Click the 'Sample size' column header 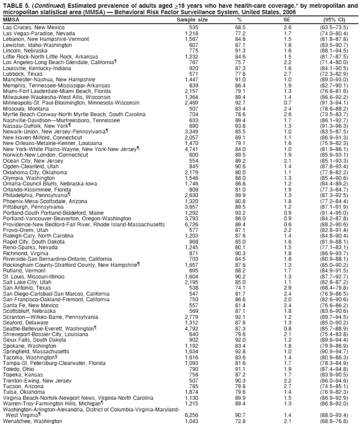point(192,20)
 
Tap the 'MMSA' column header point(11,20)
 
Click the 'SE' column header point(287,20)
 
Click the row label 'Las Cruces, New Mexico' point(33,27)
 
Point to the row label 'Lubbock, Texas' point(22,74)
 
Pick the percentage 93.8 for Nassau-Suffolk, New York point(240,126)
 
